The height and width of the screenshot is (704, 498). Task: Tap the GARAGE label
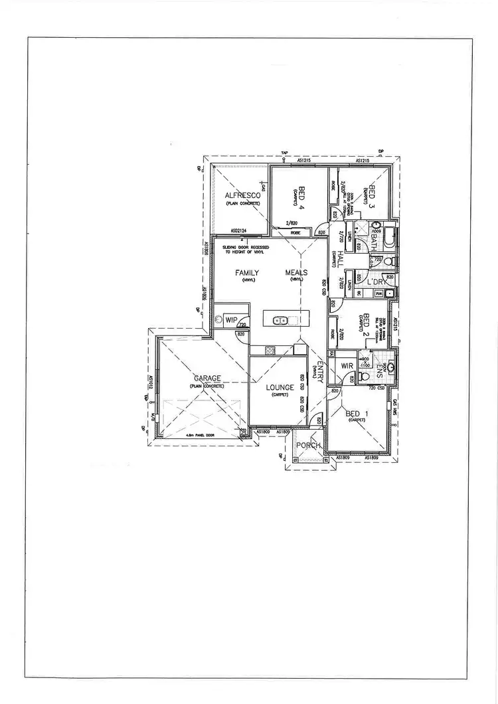(207, 378)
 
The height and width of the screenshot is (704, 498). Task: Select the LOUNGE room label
(280, 387)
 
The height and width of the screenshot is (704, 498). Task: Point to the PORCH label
(309, 445)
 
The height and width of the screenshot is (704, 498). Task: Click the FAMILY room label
(246, 272)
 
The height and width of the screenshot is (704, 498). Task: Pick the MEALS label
(296, 272)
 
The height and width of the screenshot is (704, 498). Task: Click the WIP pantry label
(232, 319)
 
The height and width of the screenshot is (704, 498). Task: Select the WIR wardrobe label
(347, 366)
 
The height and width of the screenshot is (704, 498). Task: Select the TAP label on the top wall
(284, 153)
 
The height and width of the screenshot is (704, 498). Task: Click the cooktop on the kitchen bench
(270, 349)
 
